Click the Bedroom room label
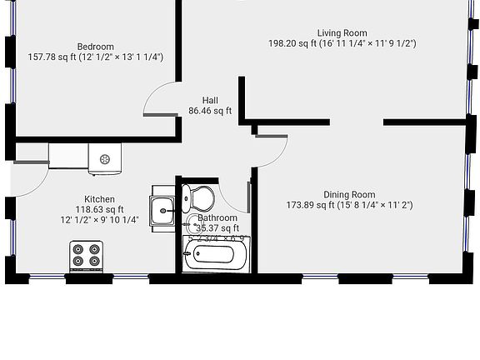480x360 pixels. [96, 47]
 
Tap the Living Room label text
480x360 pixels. [342, 32]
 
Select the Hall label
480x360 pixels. [210, 100]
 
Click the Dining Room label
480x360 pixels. [349, 194]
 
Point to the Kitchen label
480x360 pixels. [100, 199]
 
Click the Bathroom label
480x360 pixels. [218, 217]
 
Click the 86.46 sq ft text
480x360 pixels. [210, 110]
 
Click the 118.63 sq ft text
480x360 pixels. [100, 210]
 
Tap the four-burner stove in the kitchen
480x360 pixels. [87, 255]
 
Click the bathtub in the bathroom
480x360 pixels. [216, 254]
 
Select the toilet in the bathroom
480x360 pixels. [201, 198]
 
